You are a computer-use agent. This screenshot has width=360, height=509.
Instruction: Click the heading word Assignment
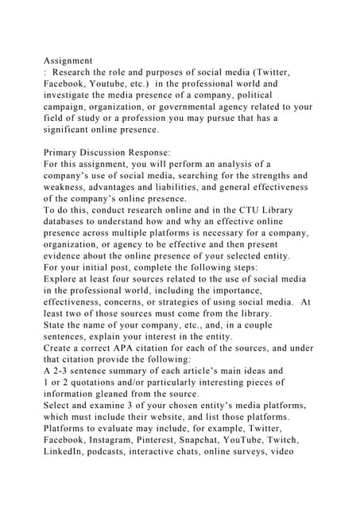[x=68, y=60]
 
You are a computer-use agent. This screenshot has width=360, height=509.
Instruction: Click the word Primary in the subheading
[x=65, y=152]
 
